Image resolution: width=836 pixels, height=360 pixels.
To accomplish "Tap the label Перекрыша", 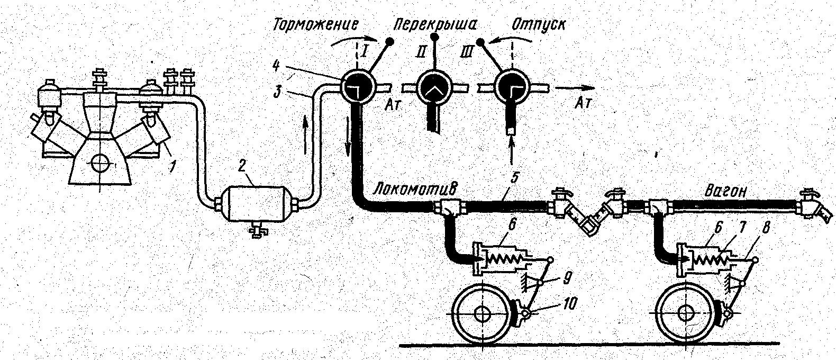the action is click(435, 25).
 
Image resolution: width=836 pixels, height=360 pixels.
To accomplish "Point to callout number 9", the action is click(566, 278).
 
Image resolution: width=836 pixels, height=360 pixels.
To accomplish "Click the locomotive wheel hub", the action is click(482, 314).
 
